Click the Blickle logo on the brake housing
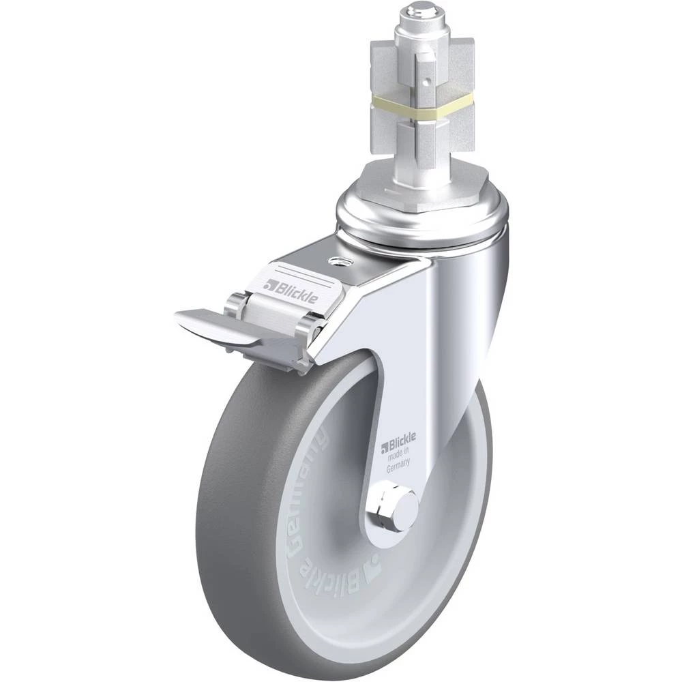(291, 291)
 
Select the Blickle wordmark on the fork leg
(398, 441)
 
